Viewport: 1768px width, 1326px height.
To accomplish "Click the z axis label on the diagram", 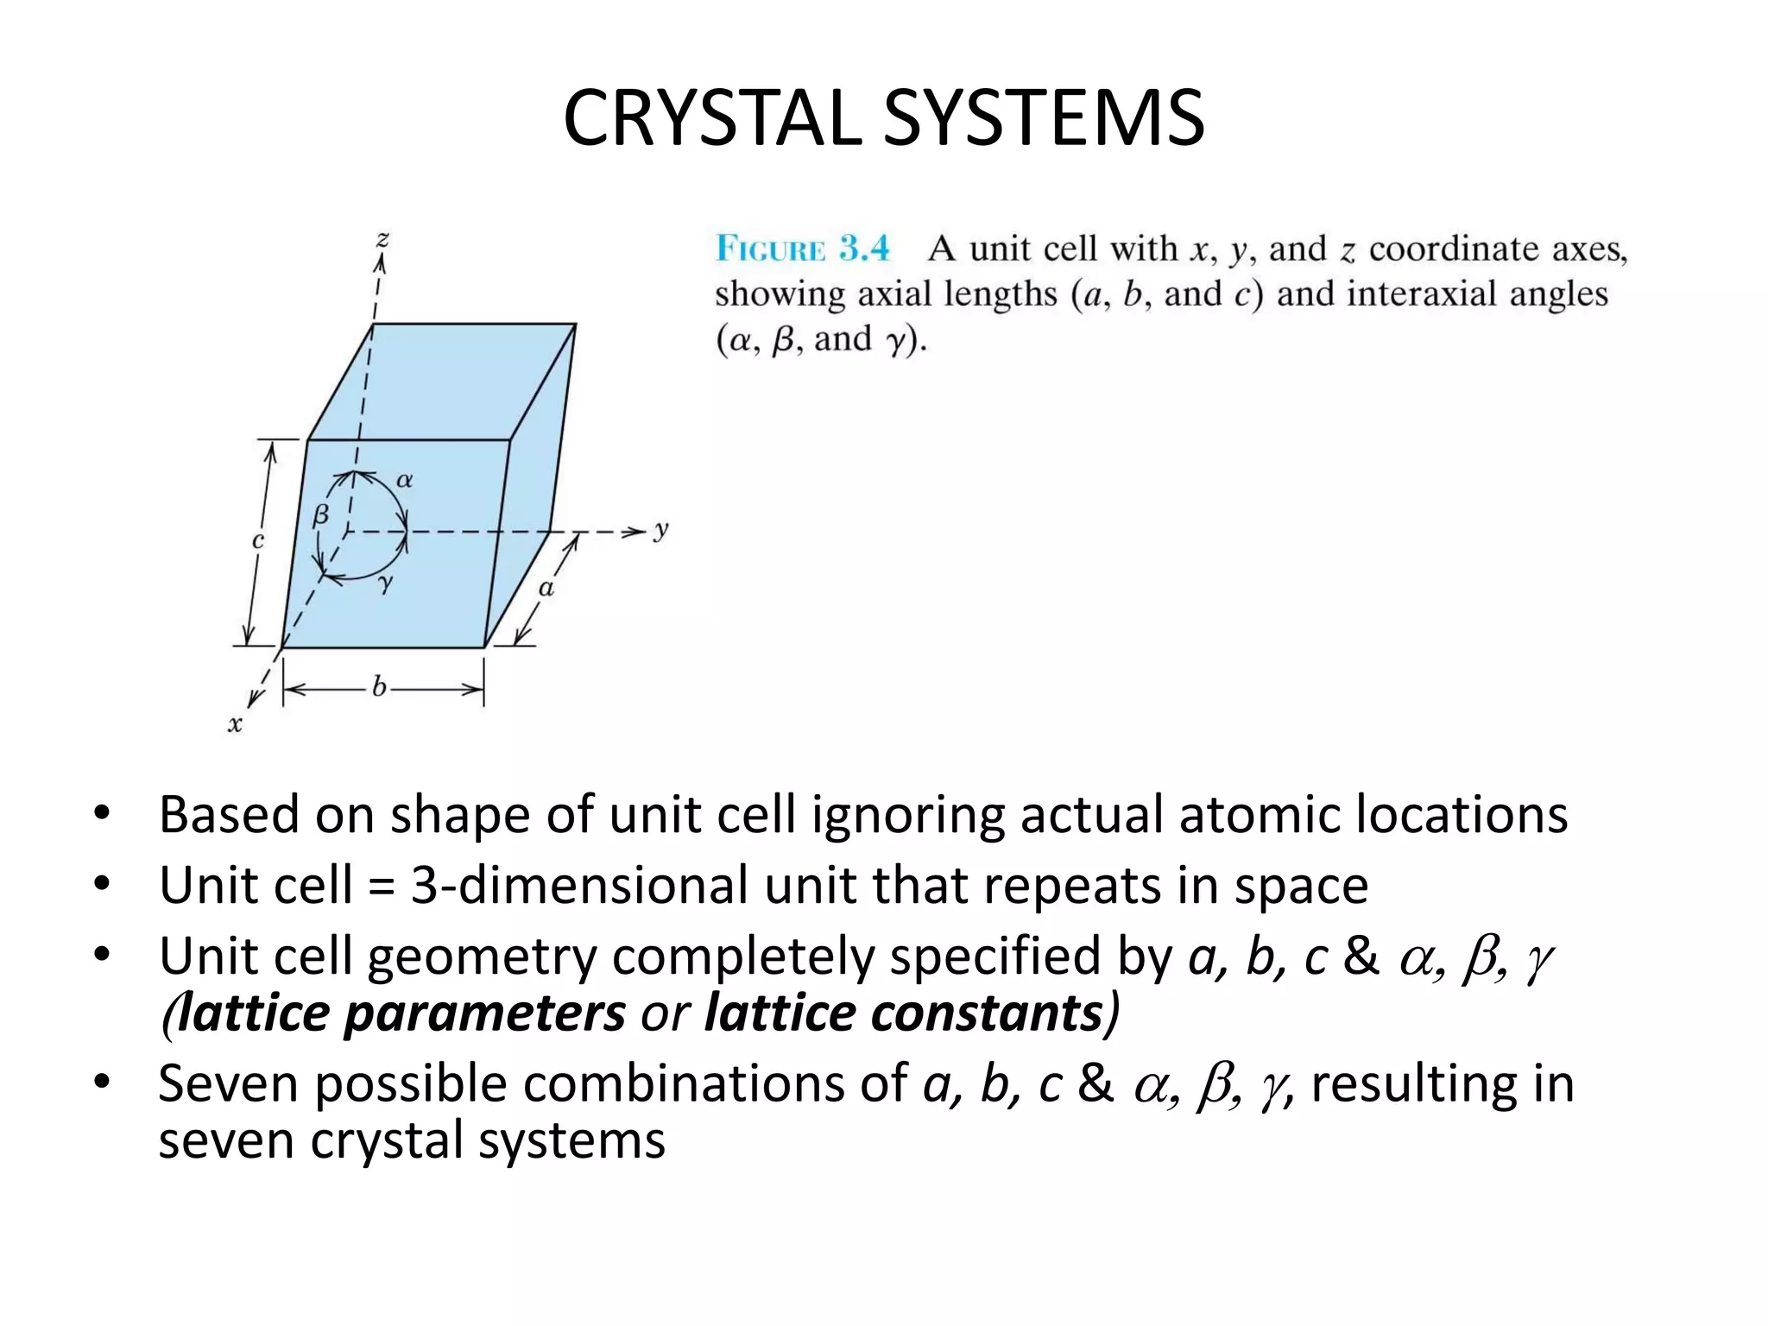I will point(382,239).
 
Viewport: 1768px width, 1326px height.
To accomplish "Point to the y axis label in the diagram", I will point(661,529).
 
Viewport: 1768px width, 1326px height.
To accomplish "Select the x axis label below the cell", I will point(235,723).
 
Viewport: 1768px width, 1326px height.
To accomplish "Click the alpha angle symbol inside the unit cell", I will point(404,480).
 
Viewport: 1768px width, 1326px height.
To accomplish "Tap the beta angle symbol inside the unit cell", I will point(321,515).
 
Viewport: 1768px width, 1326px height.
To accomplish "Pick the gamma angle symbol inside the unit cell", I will point(385,584).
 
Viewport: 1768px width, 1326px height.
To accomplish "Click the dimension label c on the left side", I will point(257,541).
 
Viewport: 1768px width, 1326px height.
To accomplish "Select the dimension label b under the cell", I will point(379,687).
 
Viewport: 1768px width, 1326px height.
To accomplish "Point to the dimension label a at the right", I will point(546,589).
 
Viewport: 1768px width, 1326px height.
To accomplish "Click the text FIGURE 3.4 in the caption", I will point(802,249).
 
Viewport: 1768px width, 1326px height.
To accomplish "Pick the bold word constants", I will point(904,1013).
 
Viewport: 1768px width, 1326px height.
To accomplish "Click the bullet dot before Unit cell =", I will point(103,884).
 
